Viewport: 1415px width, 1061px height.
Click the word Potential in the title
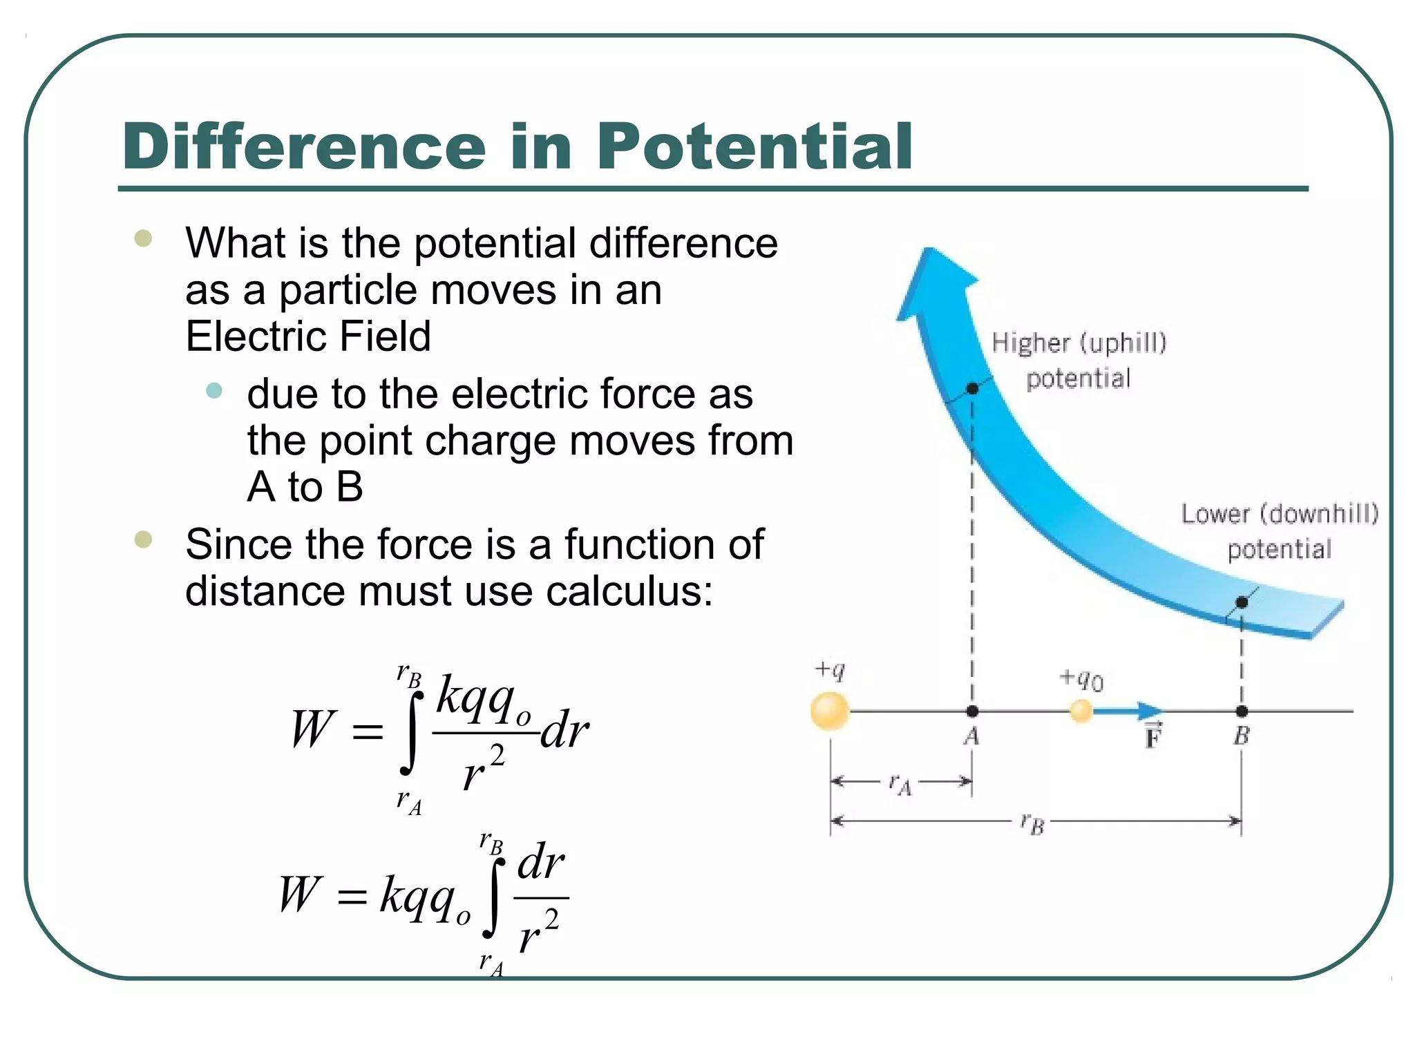[x=754, y=147]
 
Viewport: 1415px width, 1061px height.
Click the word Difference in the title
[x=305, y=147]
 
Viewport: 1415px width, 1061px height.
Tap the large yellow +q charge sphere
[x=830, y=711]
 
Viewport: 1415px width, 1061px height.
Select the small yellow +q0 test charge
[x=1081, y=711]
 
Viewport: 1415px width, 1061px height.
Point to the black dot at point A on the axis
[x=972, y=711]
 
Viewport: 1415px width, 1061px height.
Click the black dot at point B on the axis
[x=1242, y=711]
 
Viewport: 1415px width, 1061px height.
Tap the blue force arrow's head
[x=1150, y=711]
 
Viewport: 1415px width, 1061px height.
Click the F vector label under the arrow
[x=1153, y=736]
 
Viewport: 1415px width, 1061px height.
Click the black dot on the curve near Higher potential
[x=972, y=388]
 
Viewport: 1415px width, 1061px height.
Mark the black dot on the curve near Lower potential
[x=1242, y=602]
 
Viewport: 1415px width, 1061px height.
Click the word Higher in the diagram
[x=1031, y=343]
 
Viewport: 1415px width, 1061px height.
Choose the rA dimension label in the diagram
[x=900, y=784]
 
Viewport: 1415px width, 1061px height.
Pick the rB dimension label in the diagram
[x=1032, y=823]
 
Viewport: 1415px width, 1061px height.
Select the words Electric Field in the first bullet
[x=308, y=336]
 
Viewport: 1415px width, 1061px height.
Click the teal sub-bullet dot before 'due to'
[x=214, y=391]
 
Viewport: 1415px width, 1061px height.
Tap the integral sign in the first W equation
[x=412, y=732]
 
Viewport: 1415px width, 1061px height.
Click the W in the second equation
[x=300, y=895]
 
